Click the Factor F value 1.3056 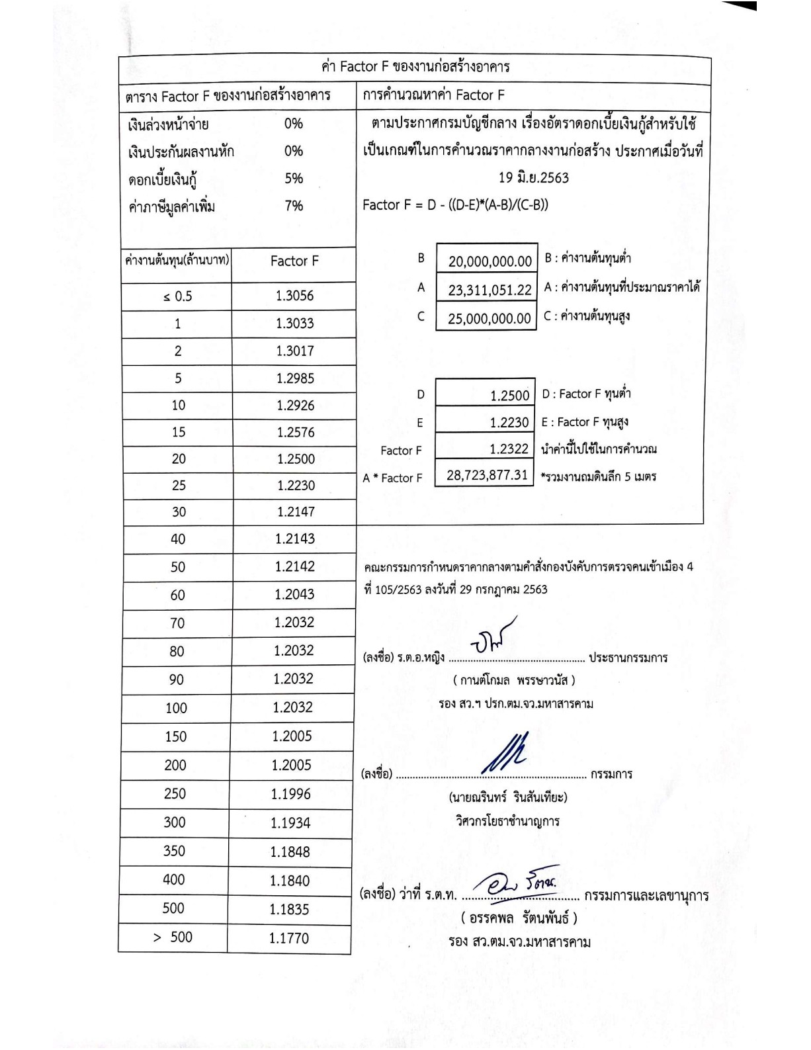pyautogui.click(x=294, y=296)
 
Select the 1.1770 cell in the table pyautogui.click(x=289, y=938)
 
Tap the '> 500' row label pyautogui.click(x=173, y=937)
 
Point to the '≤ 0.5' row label pyautogui.click(x=177, y=296)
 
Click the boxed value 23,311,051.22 pyautogui.click(x=490, y=290)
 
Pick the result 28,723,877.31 pyautogui.click(x=487, y=475)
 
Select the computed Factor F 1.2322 pyautogui.click(x=509, y=449)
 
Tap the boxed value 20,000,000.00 pyautogui.click(x=490, y=261)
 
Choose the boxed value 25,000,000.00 pyautogui.click(x=489, y=319)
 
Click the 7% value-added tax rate pyautogui.click(x=294, y=206)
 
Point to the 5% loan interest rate pyautogui.click(x=294, y=178)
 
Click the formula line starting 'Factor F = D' pyautogui.click(x=455, y=205)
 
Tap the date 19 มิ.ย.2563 pyautogui.click(x=533, y=177)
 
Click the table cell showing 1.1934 pyautogui.click(x=290, y=823)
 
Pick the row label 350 pyautogui.click(x=175, y=851)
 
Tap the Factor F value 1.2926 pyautogui.click(x=295, y=405)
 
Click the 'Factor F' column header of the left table pyautogui.click(x=294, y=261)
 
